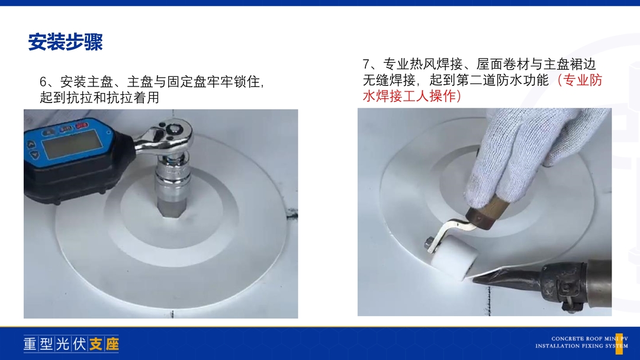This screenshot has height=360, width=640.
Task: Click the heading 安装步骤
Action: [x=65, y=41]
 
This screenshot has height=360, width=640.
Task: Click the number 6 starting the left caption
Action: [x=43, y=82]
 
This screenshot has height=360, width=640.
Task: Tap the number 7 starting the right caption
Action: [x=366, y=65]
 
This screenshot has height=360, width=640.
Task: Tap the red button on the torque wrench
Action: [x=82, y=126]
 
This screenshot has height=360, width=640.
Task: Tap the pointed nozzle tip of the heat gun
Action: [x=474, y=279]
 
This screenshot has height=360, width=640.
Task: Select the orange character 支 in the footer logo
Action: [x=95, y=344]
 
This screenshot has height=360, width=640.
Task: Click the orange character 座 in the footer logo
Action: [x=112, y=344]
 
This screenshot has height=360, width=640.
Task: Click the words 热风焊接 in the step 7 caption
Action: [x=436, y=65]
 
